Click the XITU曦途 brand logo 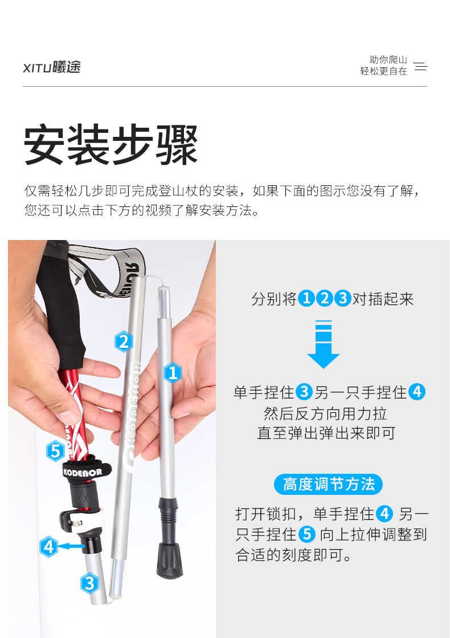(x=52, y=67)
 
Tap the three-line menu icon (x=420, y=66)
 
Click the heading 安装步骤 (x=111, y=144)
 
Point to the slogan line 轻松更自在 (x=383, y=71)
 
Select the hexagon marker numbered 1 (x=173, y=373)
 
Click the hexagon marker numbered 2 (x=124, y=341)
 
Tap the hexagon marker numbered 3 (x=89, y=583)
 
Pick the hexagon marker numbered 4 (x=49, y=546)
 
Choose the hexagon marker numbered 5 (x=55, y=451)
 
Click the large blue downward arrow (x=323, y=344)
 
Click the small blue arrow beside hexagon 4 (x=72, y=546)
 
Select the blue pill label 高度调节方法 (x=329, y=484)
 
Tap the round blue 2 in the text (x=324, y=299)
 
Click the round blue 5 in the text (x=308, y=534)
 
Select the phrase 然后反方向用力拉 (x=325, y=413)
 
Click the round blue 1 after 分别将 (x=306, y=299)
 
